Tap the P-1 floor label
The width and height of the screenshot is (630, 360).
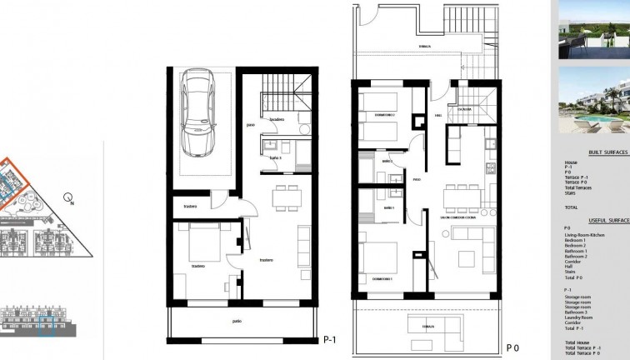coord(329,339)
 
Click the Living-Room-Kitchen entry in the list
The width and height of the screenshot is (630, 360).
coord(585,235)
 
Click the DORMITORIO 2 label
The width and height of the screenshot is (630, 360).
coord(383,113)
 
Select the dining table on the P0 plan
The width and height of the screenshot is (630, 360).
coord(462,197)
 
